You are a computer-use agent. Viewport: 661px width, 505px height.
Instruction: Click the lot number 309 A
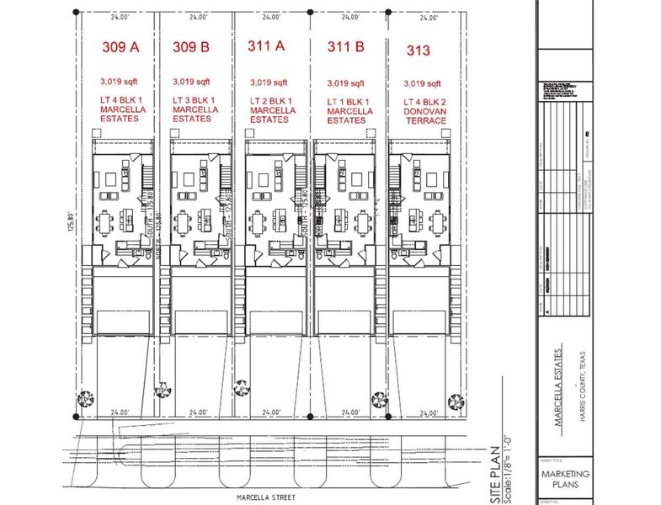tap(120, 47)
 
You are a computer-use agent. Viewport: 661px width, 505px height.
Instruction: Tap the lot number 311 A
tap(266, 47)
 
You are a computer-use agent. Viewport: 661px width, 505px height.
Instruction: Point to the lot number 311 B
tap(345, 47)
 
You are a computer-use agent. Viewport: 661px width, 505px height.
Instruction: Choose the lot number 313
tap(418, 50)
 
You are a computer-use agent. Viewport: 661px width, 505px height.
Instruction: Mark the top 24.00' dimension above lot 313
tap(427, 17)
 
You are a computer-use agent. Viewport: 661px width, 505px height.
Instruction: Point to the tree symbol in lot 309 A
tap(84, 401)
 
